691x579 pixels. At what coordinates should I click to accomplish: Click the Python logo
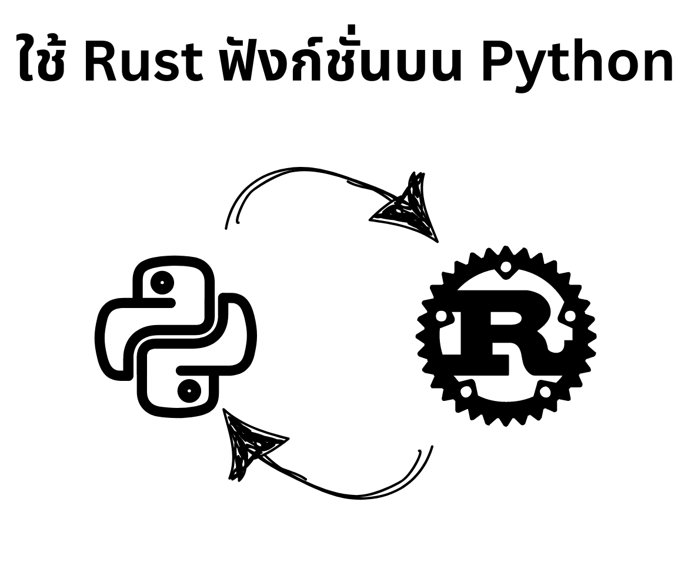coord(175,336)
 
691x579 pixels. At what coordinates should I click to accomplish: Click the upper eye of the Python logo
coord(162,283)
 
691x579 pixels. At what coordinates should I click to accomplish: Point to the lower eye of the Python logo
coord(189,389)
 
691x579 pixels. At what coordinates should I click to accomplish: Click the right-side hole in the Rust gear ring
coord(568,316)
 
